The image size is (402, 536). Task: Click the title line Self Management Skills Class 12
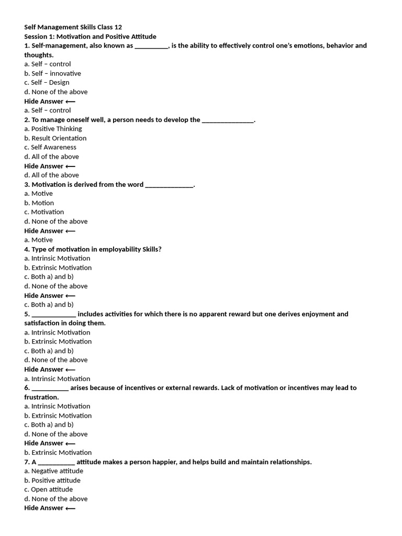tap(73, 27)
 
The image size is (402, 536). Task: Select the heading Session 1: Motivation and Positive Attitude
tap(90, 37)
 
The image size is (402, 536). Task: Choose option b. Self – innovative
tap(52, 73)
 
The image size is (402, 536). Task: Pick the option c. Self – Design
tap(47, 83)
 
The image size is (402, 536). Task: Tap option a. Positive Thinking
tap(53, 129)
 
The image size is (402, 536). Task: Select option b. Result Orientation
tap(55, 138)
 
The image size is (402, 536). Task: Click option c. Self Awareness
tap(50, 147)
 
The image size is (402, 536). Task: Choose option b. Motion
tap(39, 203)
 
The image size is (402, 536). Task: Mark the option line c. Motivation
tap(44, 212)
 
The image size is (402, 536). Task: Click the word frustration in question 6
tap(41, 397)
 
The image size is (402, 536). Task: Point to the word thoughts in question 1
tap(38, 55)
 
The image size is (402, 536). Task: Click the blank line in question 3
tap(169, 185)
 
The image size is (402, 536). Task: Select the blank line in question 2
tap(227, 120)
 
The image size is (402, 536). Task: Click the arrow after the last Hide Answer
tap(70, 508)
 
